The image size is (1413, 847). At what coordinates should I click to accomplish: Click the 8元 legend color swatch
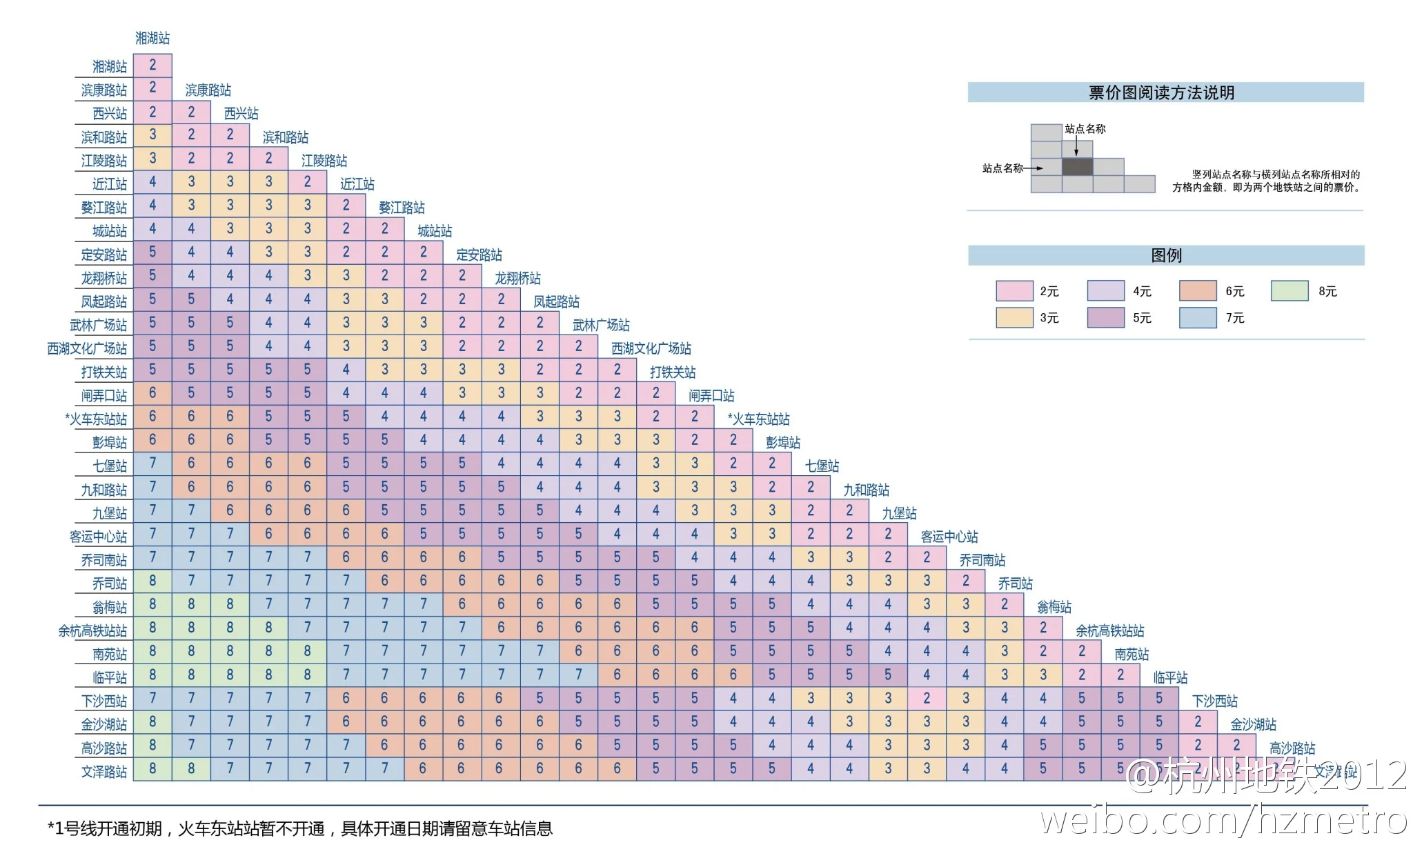(x=1289, y=291)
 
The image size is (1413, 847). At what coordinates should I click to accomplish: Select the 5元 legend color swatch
(x=1105, y=318)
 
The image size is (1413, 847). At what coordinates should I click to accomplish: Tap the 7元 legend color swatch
(x=1197, y=318)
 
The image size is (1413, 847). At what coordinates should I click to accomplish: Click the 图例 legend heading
(x=1166, y=255)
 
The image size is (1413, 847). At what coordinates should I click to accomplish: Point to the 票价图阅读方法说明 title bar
(x=1165, y=92)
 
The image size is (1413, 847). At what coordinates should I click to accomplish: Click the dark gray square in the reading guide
(x=1077, y=167)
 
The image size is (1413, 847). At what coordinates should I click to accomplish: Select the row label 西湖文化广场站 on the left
(x=87, y=348)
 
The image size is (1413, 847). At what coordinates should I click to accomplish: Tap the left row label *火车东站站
(x=96, y=419)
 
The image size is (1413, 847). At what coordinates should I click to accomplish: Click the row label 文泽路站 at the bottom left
(x=104, y=771)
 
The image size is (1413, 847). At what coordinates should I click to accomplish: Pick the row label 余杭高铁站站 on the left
(x=92, y=630)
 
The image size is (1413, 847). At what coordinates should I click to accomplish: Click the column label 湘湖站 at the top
(x=152, y=38)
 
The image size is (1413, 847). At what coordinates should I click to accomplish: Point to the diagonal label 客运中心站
(x=949, y=537)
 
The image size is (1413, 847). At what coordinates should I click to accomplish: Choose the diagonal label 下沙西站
(x=1214, y=701)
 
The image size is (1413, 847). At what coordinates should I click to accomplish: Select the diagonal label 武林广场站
(x=600, y=325)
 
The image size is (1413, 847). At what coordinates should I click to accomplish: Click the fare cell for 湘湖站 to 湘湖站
(x=152, y=65)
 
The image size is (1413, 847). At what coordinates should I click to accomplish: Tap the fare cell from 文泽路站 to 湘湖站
(x=152, y=768)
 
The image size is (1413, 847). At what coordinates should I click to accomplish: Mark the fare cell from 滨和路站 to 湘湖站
(x=152, y=134)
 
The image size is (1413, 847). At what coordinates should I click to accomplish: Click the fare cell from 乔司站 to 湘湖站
(x=152, y=581)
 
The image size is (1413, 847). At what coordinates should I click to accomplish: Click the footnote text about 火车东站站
(x=300, y=828)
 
